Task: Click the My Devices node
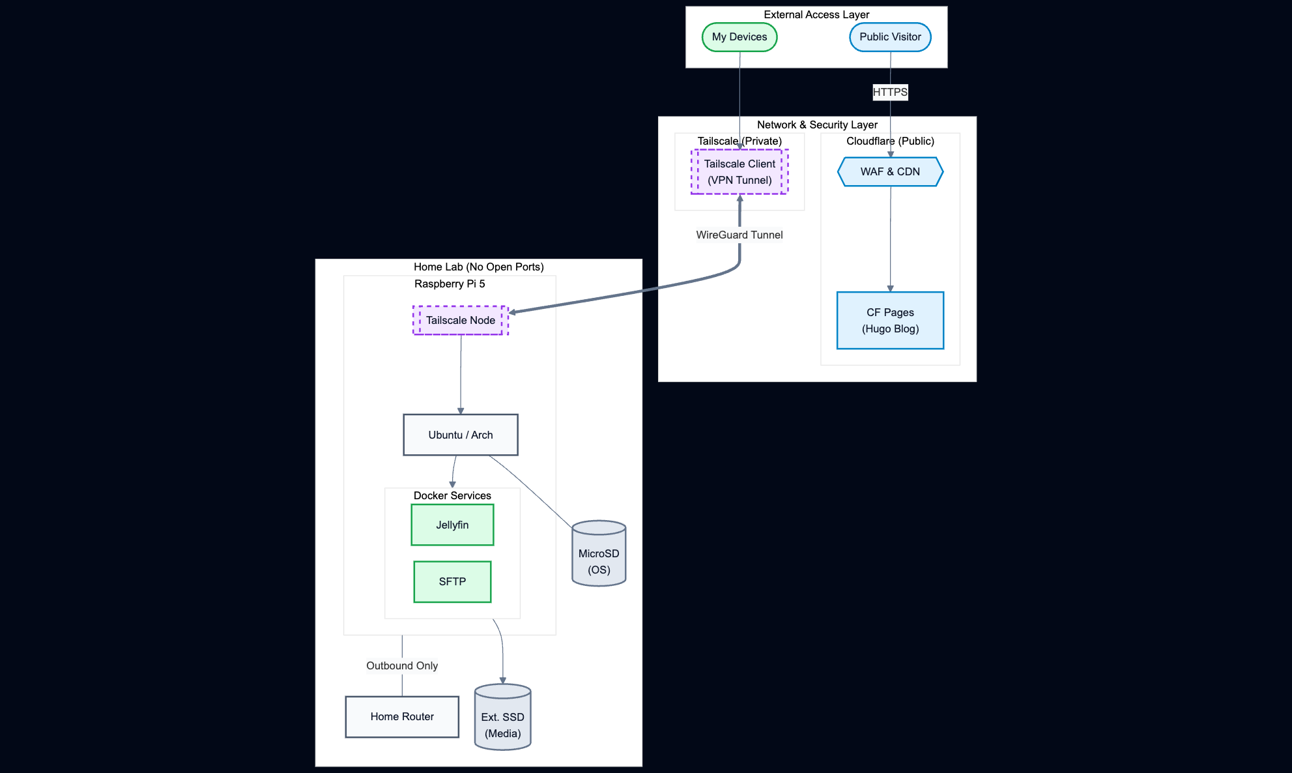pyautogui.click(x=739, y=37)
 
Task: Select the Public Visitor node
pyautogui.click(x=889, y=37)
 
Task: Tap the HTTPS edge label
pyautogui.click(x=889, y=92)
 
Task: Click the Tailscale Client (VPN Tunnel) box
pyautogui.click(x=739, y=172)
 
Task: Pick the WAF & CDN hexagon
pyautogui.click(x=889, y=172)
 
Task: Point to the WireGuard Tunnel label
pyautogui.click(x=739, y=235)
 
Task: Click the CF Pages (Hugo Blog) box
pyautogui.click(x=889, y=321)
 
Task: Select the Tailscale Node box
pyautogui.click(x=460, y=321)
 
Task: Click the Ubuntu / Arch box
pyautogui.click(x=460, y=435)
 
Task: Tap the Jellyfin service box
pyautogui.click(x=452, y=525)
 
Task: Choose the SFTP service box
pyautogui.click(x=452, y=581)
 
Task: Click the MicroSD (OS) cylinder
pyautogui.click(x=598, y=557)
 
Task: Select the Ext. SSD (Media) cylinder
pyautogui.click(x=502, y=720)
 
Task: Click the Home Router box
pyautogui.click(x=402, y=716)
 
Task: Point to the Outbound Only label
pyautogui.click(x=402, y=665)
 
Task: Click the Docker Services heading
pyautogui.click(x=452, y=495)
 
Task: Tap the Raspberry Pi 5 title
pyautogui.click(x=450, y=284)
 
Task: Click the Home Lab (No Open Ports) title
pyautogui.click(x=478, y=267)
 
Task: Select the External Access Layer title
pyautogui.click(x=816, y=14)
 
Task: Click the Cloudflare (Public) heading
pyautogui.click(x=889, y=141)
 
